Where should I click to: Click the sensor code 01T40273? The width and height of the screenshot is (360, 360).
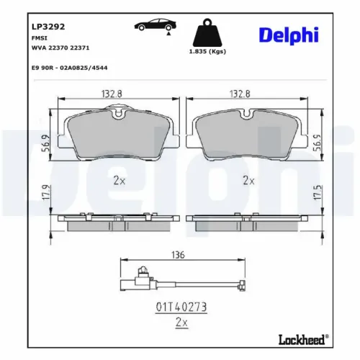[181, 307]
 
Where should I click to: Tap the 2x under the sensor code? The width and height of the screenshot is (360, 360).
[181, 323]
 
